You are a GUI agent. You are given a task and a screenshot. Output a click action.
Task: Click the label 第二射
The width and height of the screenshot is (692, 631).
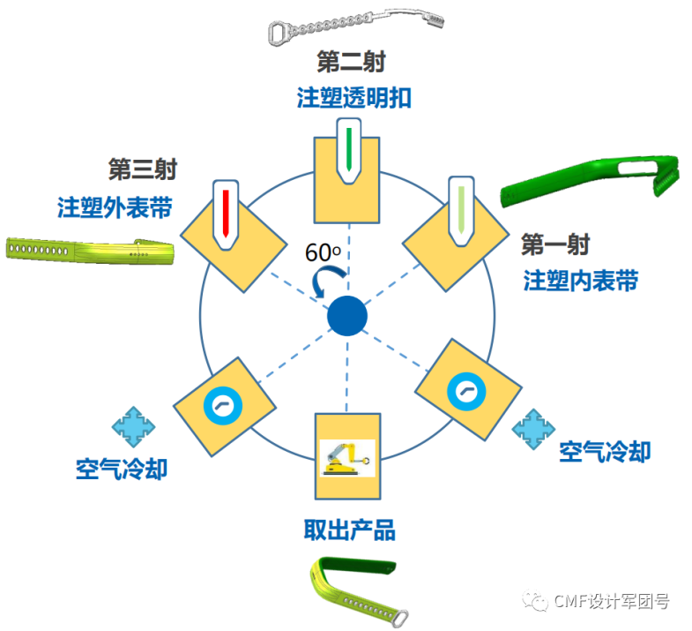click(x=351, y=63)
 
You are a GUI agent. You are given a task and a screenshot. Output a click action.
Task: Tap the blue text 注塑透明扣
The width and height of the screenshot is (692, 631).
click(x=353, y=97)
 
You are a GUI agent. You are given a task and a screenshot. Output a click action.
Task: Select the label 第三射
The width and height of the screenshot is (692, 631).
click(x=141, y=169)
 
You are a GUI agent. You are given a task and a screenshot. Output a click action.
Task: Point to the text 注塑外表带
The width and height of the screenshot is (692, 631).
click(x=115, y=207)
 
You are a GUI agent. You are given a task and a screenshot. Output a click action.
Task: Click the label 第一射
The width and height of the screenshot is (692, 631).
click(x=554, y=244)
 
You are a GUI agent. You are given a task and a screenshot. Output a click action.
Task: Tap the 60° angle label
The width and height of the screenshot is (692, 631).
click(x=323, y=252)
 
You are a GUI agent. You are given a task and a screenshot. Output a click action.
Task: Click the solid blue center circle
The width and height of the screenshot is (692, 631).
click(x=346, y=316)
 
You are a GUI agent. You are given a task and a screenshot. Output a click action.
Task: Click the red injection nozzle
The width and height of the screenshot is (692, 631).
click(x=227, y=213)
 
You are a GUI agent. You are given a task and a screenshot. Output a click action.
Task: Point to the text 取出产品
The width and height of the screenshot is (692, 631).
click(x=349, y=530)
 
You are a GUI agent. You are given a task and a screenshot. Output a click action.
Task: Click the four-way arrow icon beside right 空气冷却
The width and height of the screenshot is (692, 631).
click(x=532, y=427)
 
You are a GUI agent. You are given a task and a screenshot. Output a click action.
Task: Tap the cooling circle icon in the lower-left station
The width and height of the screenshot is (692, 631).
click(x=220, y=404)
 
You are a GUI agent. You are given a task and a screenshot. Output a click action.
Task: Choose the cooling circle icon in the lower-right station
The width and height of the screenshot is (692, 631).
click(x=465, y=388)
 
